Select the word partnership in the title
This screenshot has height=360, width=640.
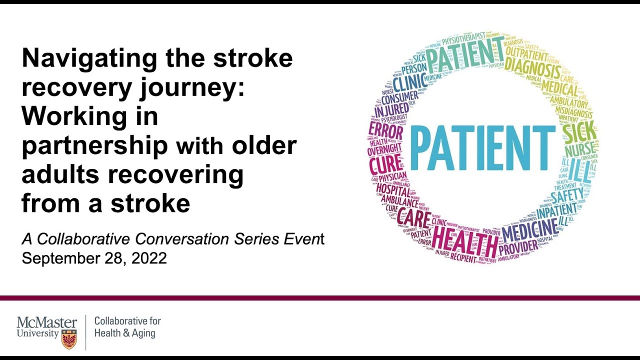[x=94, y=146]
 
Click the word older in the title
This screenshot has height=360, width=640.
[x=264, y=145]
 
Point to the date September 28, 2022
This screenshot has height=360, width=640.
[x=94, y=258]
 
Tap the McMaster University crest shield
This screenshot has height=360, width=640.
[x=69, y=339]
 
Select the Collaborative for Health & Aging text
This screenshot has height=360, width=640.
[x=127, y=327]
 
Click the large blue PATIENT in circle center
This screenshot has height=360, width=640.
[x=482, y=148]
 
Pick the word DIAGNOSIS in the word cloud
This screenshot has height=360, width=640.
[x=532, y=69]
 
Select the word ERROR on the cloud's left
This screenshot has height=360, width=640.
[x=385, y=131]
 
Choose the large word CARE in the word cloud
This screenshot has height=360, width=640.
[x=414, y=219]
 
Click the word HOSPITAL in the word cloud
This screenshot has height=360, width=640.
[x=393, y=189]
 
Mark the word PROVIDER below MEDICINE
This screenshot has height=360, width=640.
[x=518, y=247]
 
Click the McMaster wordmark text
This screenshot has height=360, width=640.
[x=46, y=322]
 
